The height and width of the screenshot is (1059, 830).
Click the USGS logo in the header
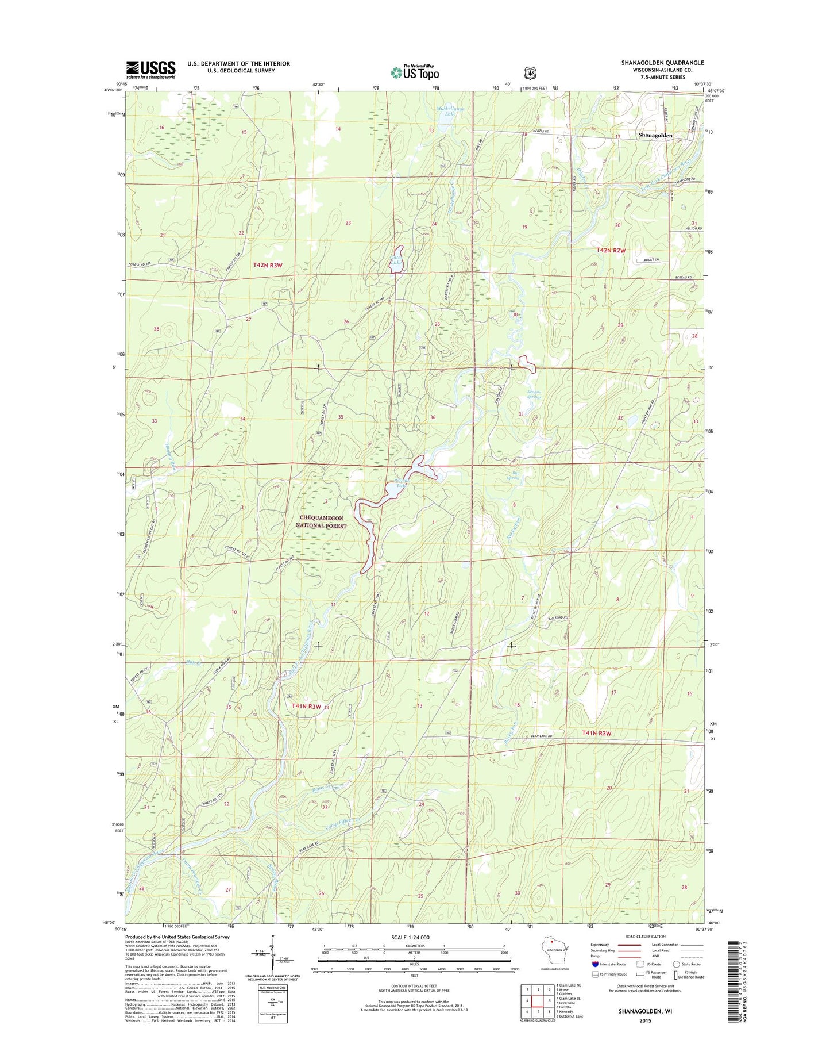point(150,69)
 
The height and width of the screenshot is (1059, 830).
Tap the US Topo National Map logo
point(415,72)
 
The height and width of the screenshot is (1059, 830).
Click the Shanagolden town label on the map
point(655,135)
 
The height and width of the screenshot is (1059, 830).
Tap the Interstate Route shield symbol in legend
point(595,964)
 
